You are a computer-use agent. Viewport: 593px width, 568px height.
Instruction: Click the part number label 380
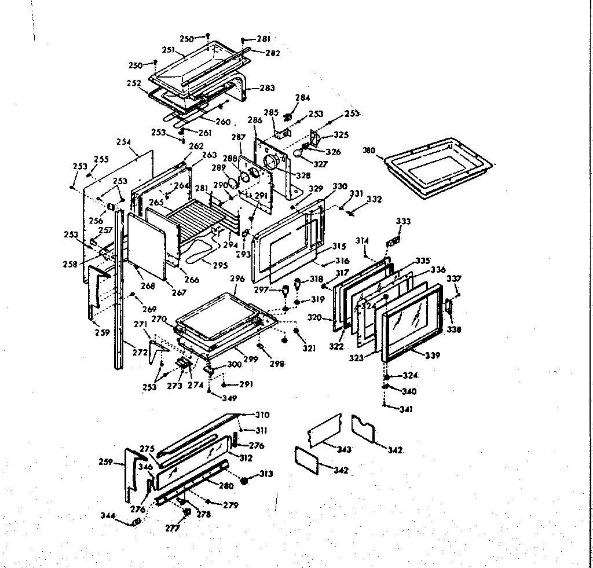click(369, 151)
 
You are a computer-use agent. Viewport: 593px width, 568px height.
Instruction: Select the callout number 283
click(267, 88)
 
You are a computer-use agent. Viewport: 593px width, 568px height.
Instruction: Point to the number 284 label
click(303, 97)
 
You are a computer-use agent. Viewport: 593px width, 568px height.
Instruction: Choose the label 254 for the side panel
click(123, 142)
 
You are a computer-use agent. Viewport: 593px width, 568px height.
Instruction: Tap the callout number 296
click(237, 278)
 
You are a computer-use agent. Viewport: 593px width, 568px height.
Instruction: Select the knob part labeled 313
click(245, 481)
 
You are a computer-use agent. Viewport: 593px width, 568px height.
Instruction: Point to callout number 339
click(432, 355)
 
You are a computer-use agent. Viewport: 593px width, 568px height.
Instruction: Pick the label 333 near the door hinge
click(403, 221)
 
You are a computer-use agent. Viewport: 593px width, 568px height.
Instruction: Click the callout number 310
click(262, 415)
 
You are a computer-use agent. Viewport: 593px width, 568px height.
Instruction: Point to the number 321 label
click(309, 348)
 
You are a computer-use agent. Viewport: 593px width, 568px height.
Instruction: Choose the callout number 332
click(374, 199)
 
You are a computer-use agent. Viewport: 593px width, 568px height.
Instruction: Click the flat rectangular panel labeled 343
click(324, 430)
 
